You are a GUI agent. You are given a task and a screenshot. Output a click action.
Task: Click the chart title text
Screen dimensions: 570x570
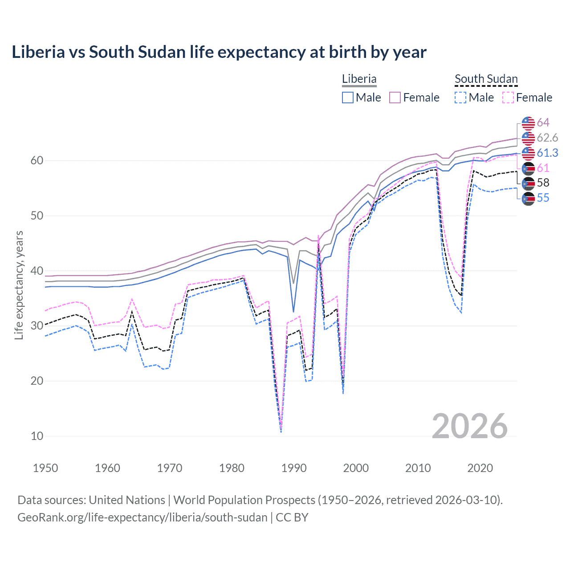click(219, 52)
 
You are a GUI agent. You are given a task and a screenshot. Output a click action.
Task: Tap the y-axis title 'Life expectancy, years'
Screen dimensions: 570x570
click(19, 285)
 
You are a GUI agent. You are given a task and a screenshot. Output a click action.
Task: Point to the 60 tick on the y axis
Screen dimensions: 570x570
click(37, 160)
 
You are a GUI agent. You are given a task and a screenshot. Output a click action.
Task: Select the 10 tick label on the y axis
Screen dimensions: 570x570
click(37, 436)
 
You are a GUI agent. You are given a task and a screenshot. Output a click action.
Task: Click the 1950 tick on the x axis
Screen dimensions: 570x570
click(45, 468)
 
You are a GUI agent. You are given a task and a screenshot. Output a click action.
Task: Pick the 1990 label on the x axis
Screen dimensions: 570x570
click(294, 468)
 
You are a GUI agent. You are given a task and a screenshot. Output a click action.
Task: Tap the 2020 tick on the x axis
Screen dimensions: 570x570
click(480, 468)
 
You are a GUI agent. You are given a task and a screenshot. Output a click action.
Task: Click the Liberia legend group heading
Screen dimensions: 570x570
click(359, 79)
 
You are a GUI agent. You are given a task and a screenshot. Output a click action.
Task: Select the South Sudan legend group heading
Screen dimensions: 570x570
click(486, 79)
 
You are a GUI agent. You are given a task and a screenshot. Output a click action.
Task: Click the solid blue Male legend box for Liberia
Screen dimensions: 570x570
click(348, 98)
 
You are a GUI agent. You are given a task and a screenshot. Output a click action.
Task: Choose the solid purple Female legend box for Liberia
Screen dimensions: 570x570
click(395, 98)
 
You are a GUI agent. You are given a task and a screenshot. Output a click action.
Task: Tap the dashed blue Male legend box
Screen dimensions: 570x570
click(460, 98)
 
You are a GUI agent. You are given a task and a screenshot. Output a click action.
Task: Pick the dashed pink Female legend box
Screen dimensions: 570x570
click(508, 98)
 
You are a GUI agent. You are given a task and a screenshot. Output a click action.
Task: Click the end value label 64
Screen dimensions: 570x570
click(543, 122)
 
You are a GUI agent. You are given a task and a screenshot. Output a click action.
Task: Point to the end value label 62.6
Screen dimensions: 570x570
click(547, 138)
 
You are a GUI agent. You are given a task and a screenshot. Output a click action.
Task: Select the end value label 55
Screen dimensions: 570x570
click(543, 198)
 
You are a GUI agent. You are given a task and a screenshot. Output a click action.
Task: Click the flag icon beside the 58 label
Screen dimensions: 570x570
click(528, 183)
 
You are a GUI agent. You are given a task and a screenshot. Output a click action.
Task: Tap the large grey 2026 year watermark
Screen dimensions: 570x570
click(470, 426)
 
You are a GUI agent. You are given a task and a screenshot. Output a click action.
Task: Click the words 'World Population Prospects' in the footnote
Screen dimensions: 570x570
click(244, 500)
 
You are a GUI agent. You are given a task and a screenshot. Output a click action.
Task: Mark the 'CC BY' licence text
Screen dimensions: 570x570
click(292, 517)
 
